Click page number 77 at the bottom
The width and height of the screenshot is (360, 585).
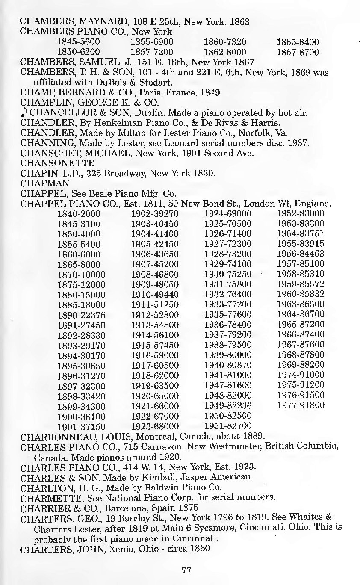[x=186, y=570]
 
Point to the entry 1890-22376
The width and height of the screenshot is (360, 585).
[x=81, y=315]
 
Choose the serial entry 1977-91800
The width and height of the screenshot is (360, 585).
[x=301, y=405]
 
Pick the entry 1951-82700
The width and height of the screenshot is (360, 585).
[x=228, y=425]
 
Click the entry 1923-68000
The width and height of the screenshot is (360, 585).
[x=154, y=425]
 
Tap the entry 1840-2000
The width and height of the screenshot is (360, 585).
[x=78, y=213]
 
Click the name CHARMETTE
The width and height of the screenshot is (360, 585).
[x=51, y=497]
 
